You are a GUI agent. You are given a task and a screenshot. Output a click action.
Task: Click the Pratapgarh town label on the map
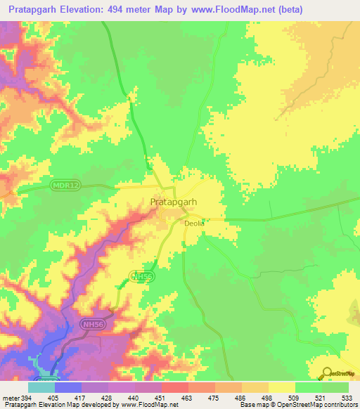[173, 202]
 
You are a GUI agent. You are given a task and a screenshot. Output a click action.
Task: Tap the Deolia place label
[193, 223]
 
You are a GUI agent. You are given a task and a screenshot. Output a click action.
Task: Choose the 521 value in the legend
[320, 397]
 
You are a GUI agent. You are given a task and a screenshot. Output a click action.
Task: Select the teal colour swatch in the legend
[41, 387]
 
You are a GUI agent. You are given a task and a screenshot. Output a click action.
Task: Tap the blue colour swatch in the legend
[68, 387]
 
